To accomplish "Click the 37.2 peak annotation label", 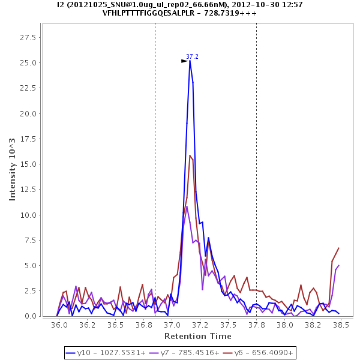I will coord(192,56).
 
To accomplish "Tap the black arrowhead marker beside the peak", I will coord(184,61).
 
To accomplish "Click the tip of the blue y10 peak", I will coord(190,61).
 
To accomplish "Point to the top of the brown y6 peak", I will coord(190,155).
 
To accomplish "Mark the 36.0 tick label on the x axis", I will coord(59,325).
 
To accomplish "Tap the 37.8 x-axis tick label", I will coord(256,325).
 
